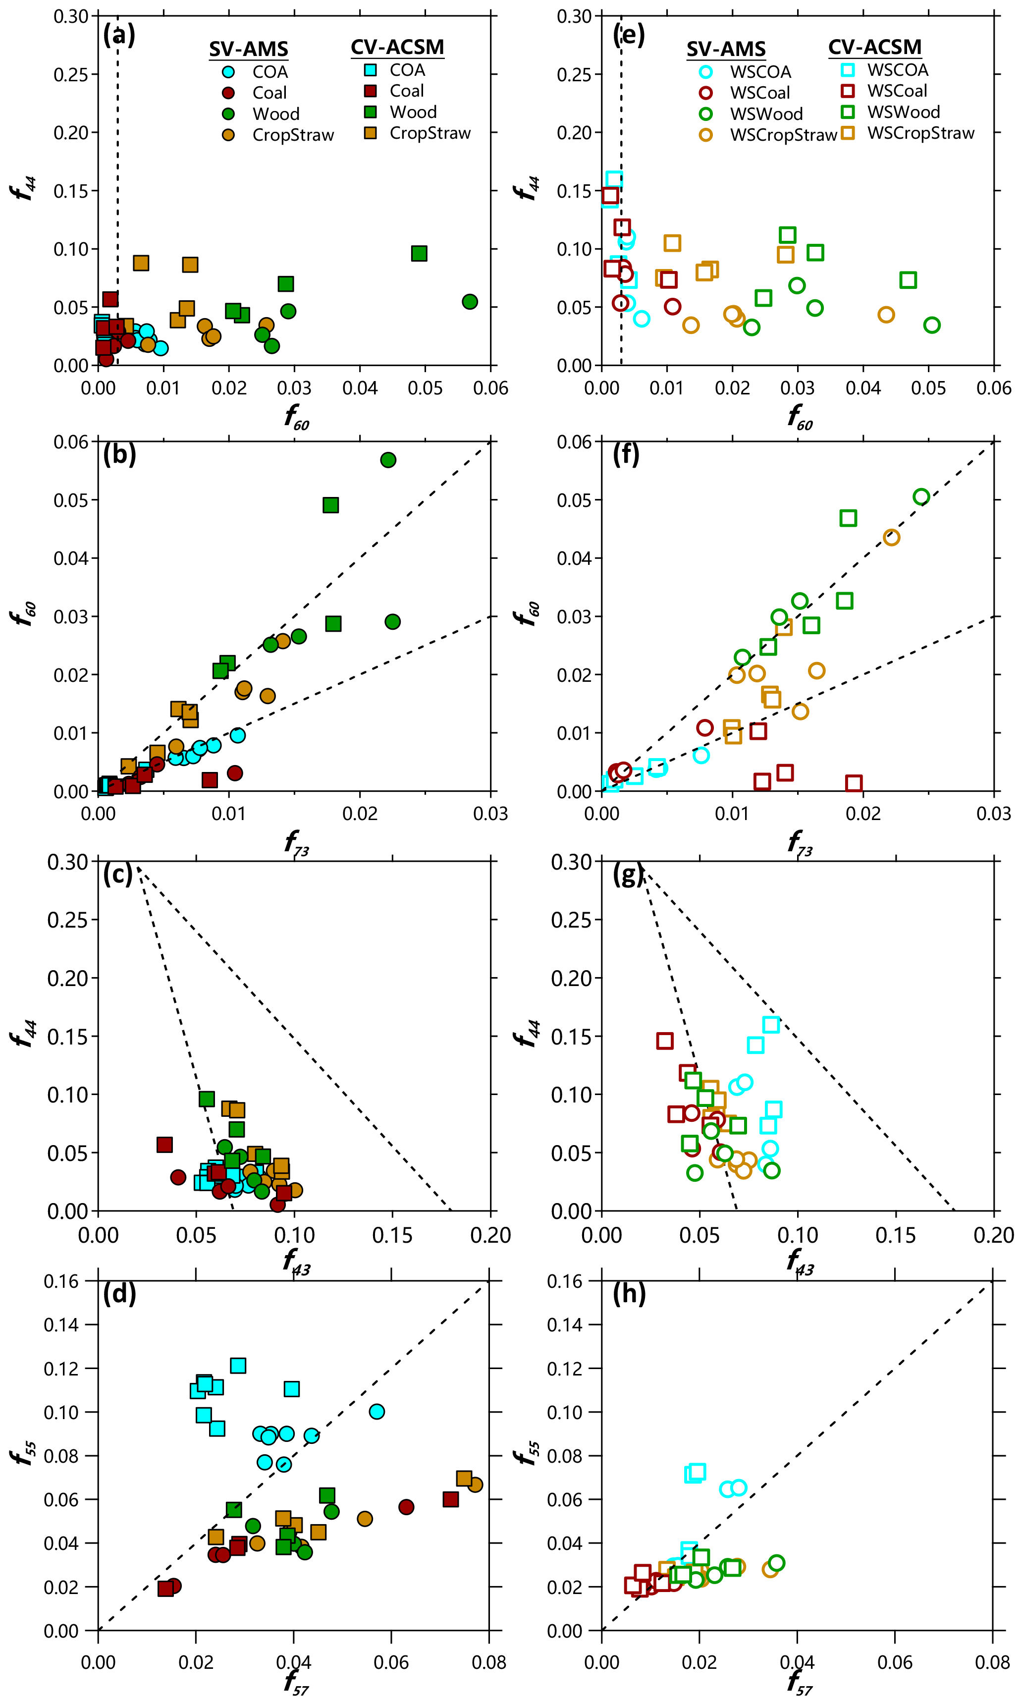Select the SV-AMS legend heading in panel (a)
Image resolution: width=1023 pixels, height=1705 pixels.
coord(248,49)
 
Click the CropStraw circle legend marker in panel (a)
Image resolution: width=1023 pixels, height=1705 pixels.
coord(228,135)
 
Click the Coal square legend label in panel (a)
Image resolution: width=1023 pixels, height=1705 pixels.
coord(407,91)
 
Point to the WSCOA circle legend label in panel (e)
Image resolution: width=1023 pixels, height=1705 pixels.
coord(760,72)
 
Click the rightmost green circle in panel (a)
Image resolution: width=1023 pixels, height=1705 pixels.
coord(470,301)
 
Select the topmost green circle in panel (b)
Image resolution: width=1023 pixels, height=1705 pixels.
coord(388,460)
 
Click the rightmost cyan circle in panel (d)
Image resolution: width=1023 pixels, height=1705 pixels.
coord(377,1411)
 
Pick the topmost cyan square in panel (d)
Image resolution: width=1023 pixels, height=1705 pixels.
coord(238,1366)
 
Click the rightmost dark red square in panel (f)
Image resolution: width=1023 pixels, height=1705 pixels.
coord(854,783)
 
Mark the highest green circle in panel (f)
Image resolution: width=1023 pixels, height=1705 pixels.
coord(921,496)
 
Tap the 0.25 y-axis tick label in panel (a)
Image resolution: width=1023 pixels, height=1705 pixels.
coord(71,74)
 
